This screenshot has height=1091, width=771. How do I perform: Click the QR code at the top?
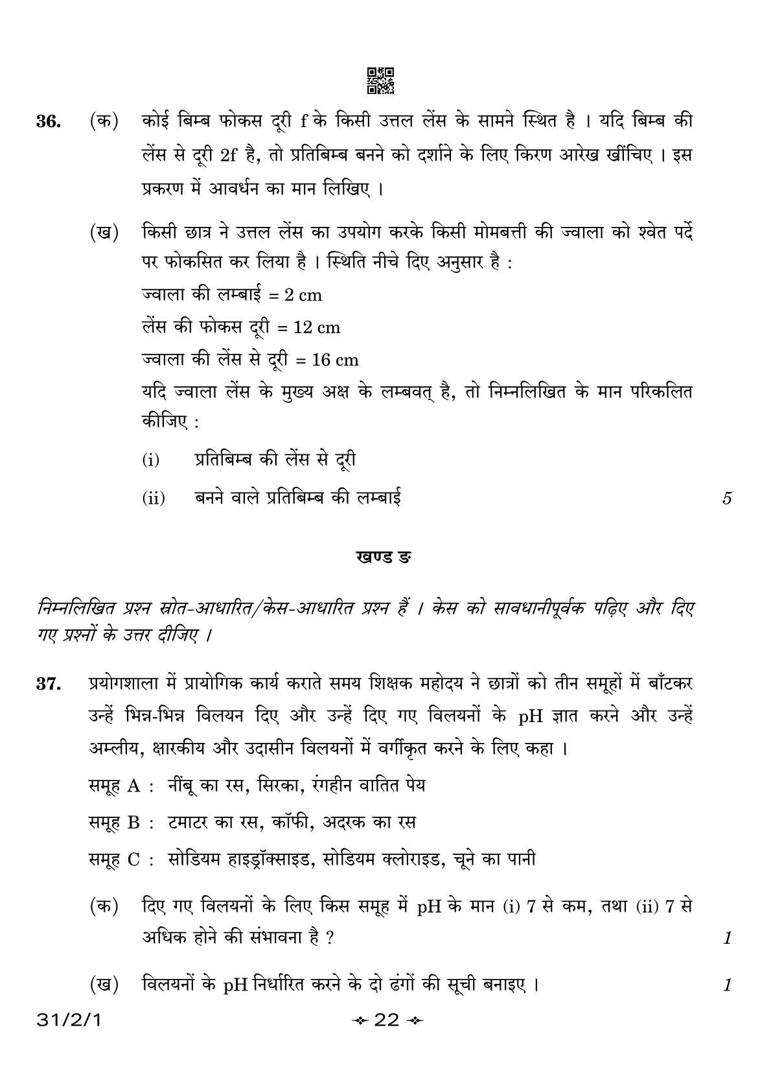380,80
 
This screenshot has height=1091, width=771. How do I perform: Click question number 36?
49,122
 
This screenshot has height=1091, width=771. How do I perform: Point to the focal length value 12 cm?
316,328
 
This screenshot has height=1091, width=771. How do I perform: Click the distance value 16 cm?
335,360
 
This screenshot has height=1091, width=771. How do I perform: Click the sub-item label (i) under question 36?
150,461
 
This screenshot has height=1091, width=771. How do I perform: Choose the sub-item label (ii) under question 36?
154,499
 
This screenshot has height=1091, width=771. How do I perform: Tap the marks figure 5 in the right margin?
727,499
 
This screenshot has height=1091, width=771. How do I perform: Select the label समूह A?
114,786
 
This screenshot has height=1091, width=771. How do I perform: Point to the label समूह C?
115,860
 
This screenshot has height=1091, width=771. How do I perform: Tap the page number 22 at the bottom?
386,1020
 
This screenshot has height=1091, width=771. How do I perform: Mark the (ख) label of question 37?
104,985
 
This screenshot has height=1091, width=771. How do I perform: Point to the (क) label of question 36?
104,122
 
